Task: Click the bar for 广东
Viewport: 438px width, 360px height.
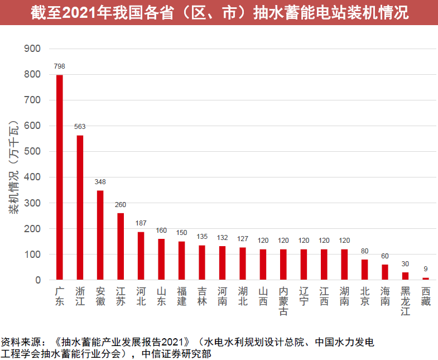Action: point(60,177)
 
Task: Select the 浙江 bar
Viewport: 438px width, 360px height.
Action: point(80,207)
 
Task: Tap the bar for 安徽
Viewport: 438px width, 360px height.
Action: point(100,235)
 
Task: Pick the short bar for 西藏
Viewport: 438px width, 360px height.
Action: point(426,279)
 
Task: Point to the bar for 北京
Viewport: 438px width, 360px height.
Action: point(365,270)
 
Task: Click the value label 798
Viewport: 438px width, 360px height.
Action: point(60,66)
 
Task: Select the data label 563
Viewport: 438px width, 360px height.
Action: point(80,127)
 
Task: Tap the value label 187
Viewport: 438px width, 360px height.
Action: point(141,223)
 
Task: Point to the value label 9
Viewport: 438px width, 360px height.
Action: point(426,268)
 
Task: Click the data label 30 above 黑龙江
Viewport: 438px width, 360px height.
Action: point(406,263)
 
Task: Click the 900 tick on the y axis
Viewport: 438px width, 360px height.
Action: point(33,49)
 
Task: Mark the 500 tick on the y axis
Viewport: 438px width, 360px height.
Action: point(33,152)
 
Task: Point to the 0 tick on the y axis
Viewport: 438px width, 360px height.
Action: point(38,280)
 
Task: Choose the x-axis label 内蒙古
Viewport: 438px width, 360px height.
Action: point(283,302)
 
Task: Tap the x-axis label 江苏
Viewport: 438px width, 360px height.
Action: point(121,296)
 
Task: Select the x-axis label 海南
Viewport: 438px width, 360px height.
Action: point(385,296)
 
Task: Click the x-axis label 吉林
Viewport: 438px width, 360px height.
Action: point(202,296)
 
